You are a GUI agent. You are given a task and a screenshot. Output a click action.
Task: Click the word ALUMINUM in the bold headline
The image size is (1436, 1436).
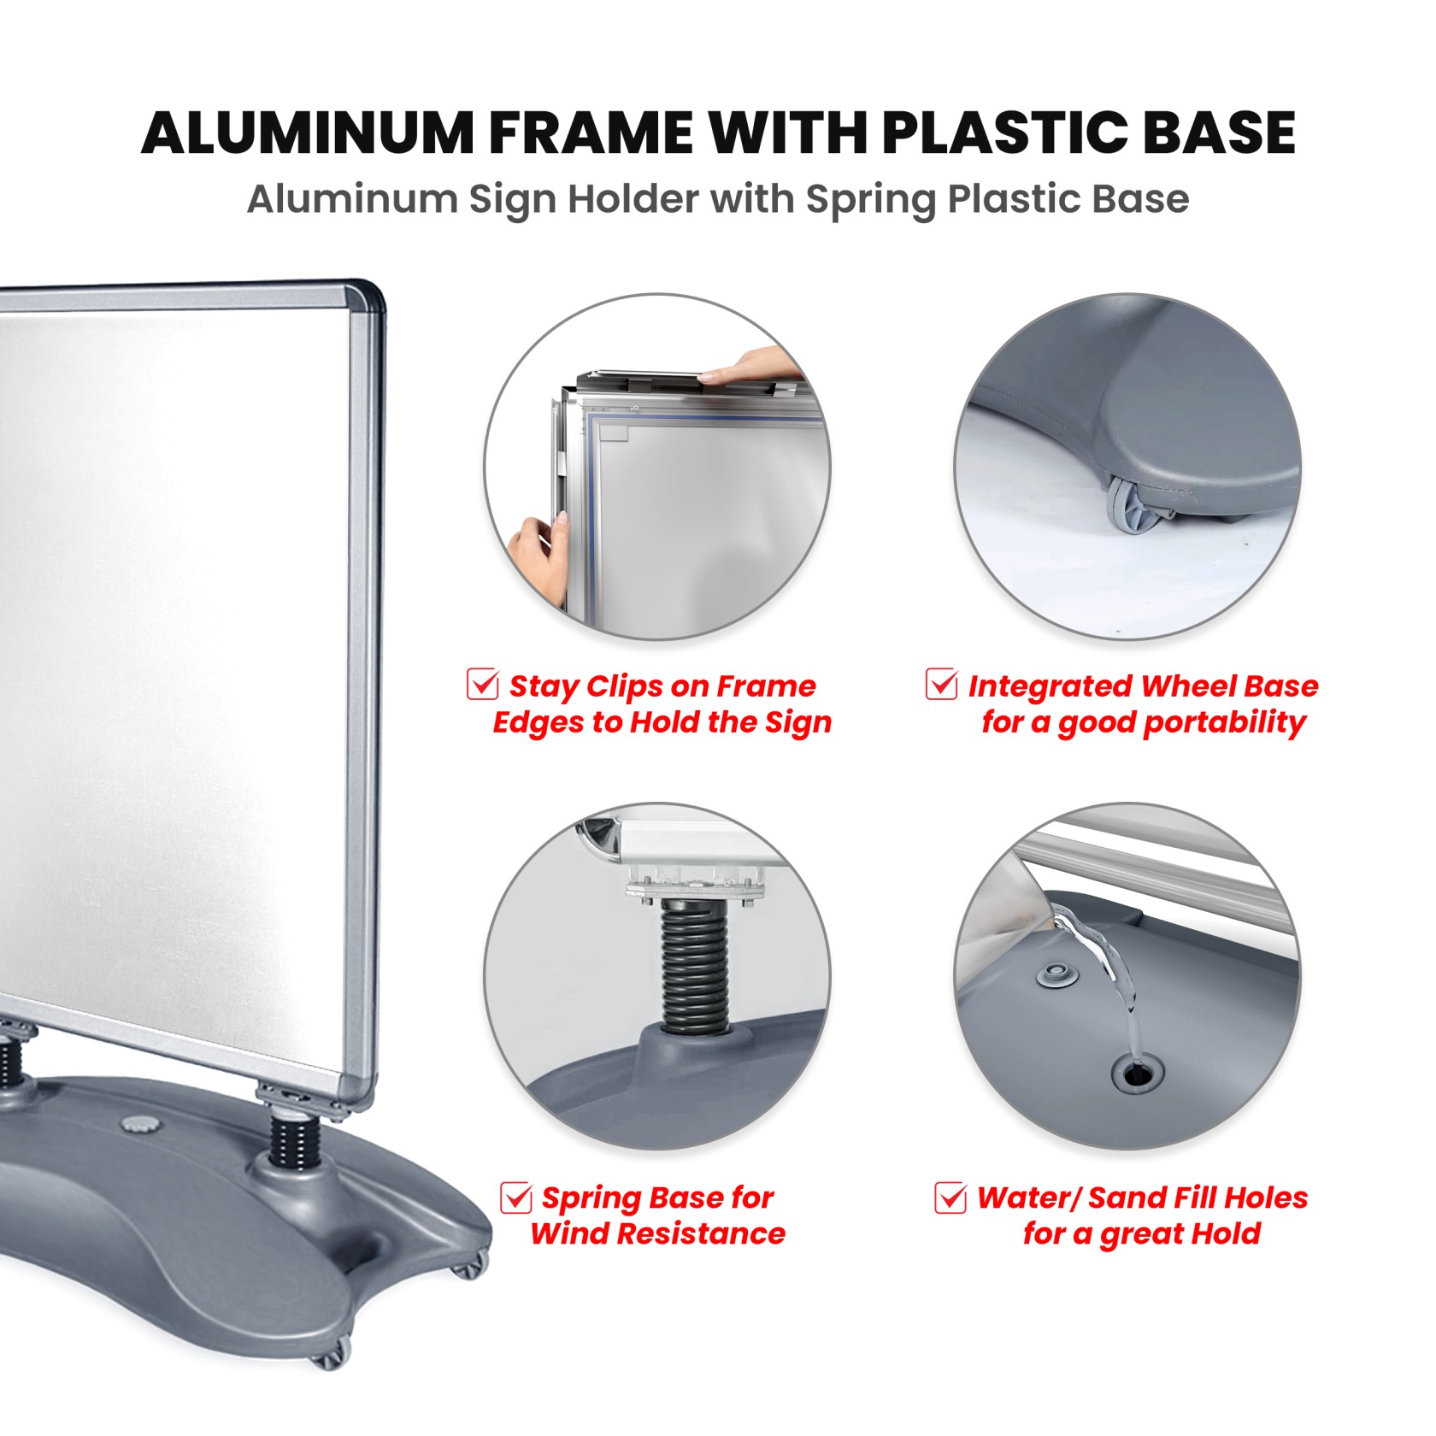309,132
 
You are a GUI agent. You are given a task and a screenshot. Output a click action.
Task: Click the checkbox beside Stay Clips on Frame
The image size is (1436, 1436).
483,684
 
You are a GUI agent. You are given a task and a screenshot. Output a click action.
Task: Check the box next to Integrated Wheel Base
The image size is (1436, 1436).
942,684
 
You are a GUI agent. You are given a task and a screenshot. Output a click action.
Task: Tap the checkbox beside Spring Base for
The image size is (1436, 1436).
516,1197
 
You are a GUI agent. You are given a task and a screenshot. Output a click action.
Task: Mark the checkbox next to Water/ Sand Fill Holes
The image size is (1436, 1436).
950,1197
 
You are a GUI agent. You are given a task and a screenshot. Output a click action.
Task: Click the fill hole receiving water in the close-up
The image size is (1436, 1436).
1135,1074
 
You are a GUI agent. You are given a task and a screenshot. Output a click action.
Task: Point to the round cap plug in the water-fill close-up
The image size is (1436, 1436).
1057,976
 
